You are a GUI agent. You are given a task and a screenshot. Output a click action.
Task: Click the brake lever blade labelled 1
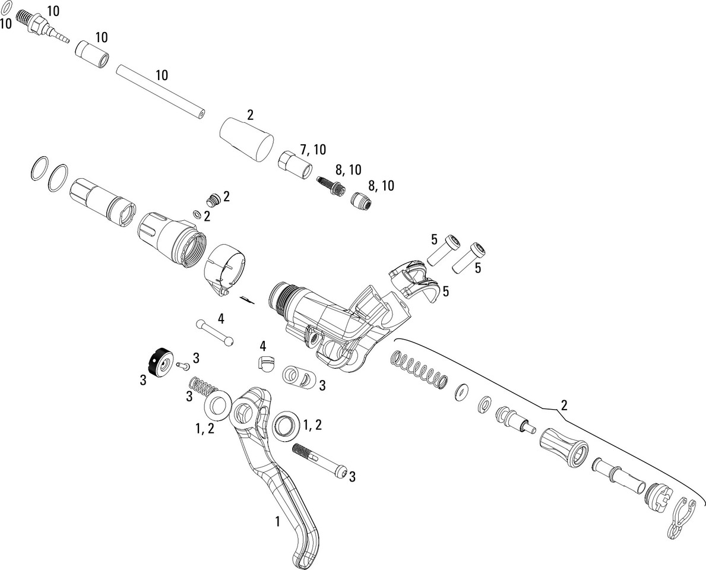[279, 487]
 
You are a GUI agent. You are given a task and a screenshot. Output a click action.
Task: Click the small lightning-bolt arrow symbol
[246, 298]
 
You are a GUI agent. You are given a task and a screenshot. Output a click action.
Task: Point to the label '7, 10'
[313, 149]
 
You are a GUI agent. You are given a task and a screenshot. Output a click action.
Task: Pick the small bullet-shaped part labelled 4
[265, 363]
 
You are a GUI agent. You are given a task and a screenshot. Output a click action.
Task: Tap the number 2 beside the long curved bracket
[563, 406]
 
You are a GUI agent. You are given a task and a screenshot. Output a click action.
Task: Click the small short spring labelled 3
[202, 389]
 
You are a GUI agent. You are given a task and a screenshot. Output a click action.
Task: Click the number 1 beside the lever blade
[276, 522]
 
